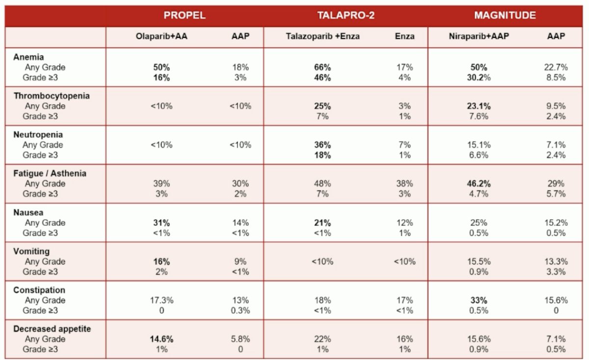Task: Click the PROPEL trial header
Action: (185, 15)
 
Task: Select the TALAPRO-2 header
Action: (346, 15)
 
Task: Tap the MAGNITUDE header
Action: (505, 15)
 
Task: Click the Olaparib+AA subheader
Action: (161, 36)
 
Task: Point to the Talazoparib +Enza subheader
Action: (322, 36)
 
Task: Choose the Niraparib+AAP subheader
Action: (479, 36)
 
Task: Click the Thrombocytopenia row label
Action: (52, 96)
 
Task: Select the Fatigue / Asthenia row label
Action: (50, 174)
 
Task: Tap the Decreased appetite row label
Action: (52, 329)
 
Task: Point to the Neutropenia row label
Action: (38, 134)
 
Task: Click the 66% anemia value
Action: (322, 68)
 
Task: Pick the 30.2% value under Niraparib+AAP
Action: (479, 78)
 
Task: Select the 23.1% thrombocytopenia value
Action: (479, 106)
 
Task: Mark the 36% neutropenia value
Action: (322, 145)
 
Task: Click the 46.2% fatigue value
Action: (479, 184)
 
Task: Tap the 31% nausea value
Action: (161, 223)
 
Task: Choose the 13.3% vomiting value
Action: (556, 261)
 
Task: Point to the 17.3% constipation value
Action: (161, 300)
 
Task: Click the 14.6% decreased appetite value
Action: (161, 339)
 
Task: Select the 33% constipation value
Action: (479, 300)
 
